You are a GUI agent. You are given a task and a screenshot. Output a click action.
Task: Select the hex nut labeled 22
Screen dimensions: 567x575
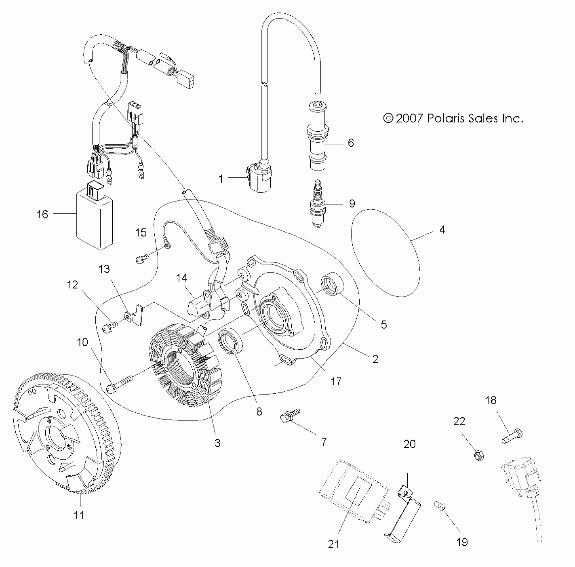click(x=478, y=455)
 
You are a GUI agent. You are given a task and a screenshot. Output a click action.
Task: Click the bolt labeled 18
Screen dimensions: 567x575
click(x=512, y=436)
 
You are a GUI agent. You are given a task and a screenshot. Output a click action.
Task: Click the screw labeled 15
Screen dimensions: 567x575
click(x=141, y=259)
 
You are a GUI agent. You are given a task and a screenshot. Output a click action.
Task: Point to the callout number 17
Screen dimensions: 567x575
click(x=336, y=381)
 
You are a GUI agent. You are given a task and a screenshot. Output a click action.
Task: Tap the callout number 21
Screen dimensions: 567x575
click(x=333, y=544)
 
